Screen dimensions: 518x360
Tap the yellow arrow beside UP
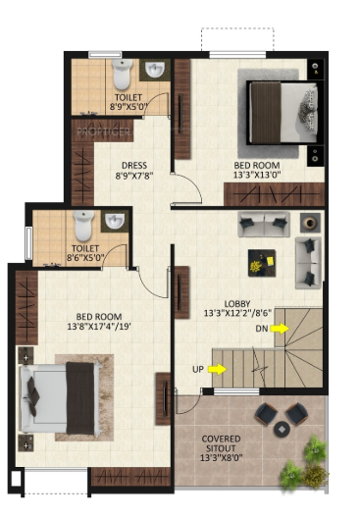218,370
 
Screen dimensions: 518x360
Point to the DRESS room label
134,165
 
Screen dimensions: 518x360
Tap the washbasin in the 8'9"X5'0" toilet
156,70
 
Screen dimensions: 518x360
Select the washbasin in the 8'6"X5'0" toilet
117,221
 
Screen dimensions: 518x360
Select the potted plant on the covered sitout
298,466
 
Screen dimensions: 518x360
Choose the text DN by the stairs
262,329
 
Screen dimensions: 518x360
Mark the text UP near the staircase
198,370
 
